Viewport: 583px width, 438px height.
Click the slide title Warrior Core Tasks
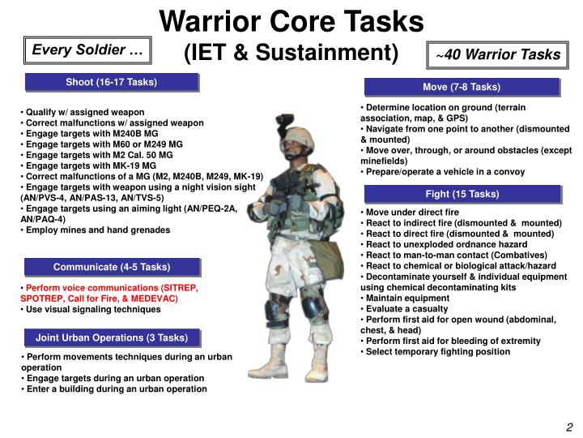(x=291, y=22)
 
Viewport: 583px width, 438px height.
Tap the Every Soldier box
(x=87, y=50)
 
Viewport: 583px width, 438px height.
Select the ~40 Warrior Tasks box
(x=497, y=55)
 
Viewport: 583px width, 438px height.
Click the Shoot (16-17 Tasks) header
(x=112, y=82)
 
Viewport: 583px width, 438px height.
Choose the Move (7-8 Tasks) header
(x=462, y=87)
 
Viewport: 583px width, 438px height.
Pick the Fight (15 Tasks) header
(x=462, y=194)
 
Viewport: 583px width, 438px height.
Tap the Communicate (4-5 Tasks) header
(x=112, y=267)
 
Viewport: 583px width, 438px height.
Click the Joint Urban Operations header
(x=112, y=337)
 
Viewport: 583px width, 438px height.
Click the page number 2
(x=569, y=427)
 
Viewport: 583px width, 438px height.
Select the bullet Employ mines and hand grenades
(x=96, y=230)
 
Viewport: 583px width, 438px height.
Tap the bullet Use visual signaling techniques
(x=91, y=310)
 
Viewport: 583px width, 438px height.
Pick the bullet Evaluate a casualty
(x=404, y=309)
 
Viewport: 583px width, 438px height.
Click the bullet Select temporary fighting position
(x=436, y=352)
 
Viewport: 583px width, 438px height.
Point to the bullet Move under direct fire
(x=410, y=213)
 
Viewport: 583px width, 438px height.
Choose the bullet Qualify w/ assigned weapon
(x=83, y=113)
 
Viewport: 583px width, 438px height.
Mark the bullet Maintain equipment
(x=405, y=298)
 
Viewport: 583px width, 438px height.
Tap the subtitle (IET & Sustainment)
(x=291, y=52)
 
